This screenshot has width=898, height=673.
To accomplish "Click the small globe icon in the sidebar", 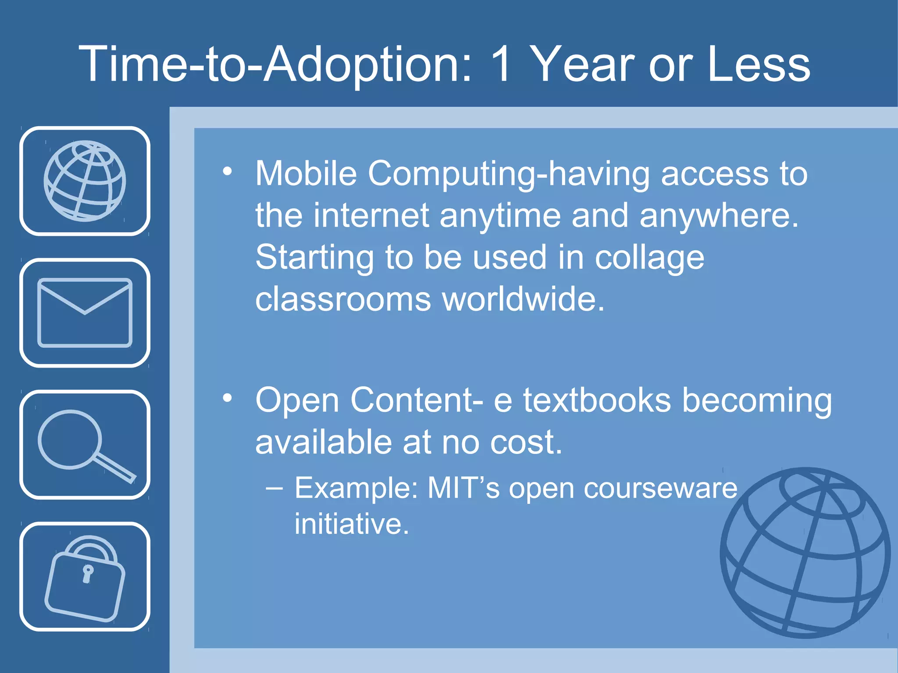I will tap(85, 181).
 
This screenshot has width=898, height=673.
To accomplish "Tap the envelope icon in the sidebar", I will tap(85, 312).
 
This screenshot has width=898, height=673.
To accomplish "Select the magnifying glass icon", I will tap(85, 445).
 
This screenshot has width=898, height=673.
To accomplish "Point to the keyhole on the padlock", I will tap(88, 573).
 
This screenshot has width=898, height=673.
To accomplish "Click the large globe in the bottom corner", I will tap(805, 553).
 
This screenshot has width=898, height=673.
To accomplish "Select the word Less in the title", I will tap(759, 64).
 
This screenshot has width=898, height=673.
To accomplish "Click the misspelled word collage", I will tap(649, 258).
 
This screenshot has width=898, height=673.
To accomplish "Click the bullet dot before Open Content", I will tap(227, 398).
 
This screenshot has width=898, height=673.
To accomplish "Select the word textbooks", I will tap(597, 400).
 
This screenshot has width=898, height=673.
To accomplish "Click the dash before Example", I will tap(274, 488).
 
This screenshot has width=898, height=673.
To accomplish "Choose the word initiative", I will tap(352, 524).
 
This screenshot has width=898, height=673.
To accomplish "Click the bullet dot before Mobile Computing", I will tap(227, 171).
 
